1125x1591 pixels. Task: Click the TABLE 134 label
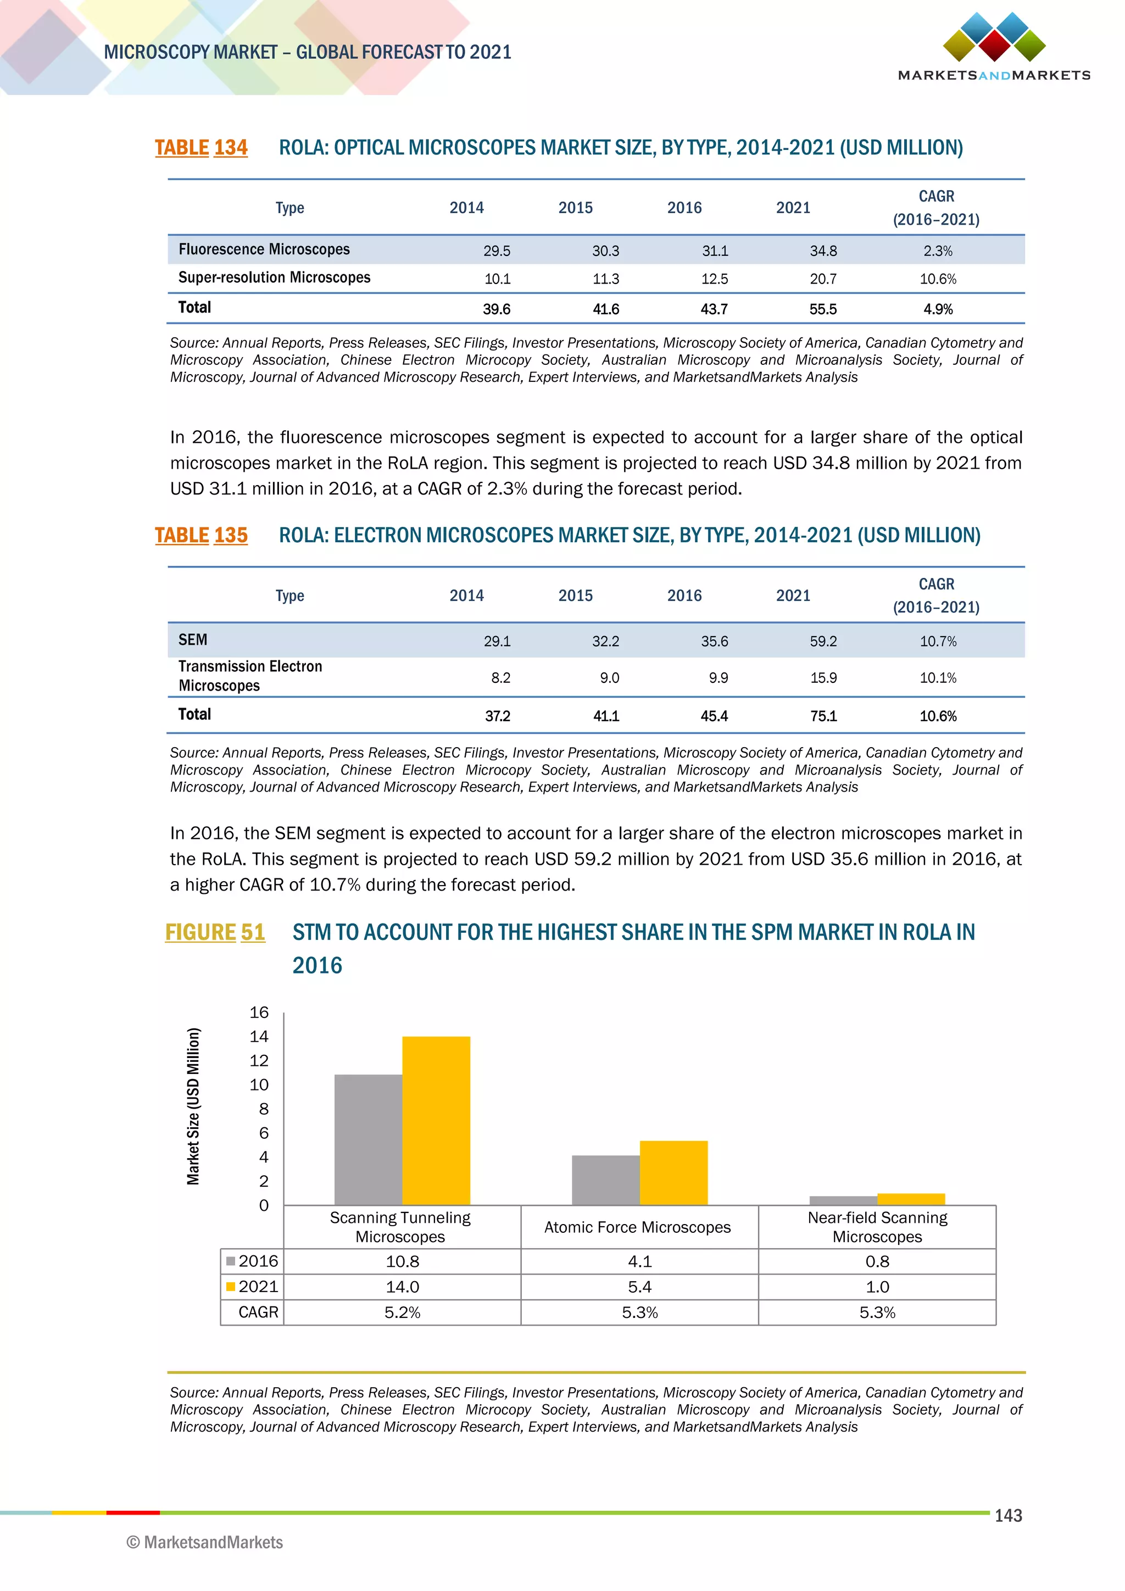click(201, 148)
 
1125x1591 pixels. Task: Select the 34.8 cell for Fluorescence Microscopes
click(823, 251)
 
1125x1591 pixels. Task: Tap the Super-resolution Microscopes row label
click(274, 278)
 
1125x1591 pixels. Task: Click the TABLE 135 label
click(201, 535)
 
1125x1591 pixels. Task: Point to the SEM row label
click(193, 639)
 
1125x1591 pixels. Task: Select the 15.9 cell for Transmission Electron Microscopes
click(823, 678)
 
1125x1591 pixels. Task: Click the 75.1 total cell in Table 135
click(823, 716)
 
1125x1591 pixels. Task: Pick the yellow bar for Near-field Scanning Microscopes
click(910, 1199)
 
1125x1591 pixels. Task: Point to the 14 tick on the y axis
click(259, 1037)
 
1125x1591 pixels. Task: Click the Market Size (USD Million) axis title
click(193, 1106)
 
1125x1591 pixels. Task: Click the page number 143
click(1008, 1516)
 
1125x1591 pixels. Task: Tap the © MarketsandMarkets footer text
click(205, 1542)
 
